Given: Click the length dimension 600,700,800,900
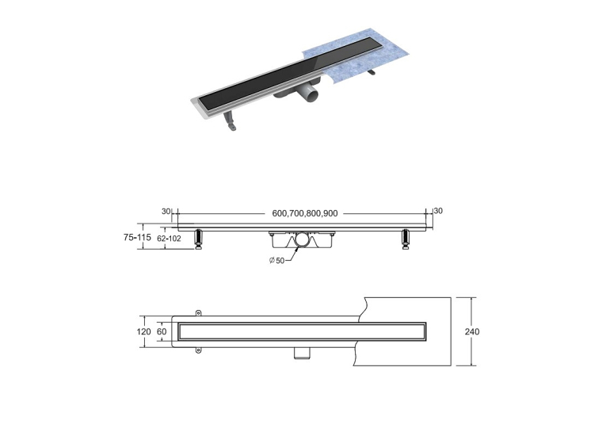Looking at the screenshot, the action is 304,213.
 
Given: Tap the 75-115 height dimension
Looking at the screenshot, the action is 137,237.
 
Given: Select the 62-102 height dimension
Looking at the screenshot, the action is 169,239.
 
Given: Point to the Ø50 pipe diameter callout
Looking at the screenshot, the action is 276,261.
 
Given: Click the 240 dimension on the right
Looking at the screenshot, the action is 472,331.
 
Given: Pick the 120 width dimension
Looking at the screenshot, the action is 143,331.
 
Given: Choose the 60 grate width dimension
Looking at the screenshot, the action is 162,331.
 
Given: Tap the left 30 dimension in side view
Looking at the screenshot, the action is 166,211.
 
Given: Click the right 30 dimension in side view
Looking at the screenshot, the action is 438,211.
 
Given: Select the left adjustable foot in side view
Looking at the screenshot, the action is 199,239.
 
